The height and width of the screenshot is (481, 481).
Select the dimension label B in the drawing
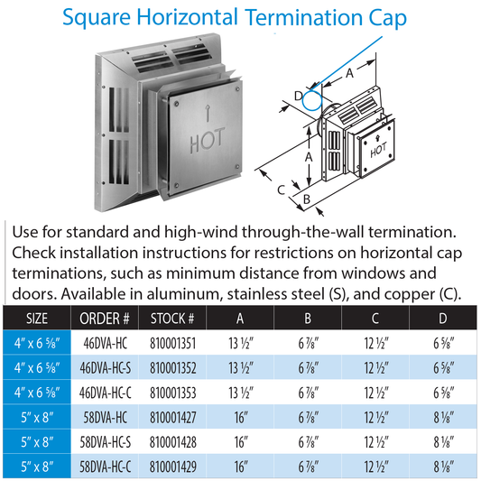(307, 199)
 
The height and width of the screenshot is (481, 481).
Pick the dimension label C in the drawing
(282, 190)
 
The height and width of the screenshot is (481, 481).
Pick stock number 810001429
(172, 467)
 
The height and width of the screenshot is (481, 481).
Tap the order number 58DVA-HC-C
(106, 467)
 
